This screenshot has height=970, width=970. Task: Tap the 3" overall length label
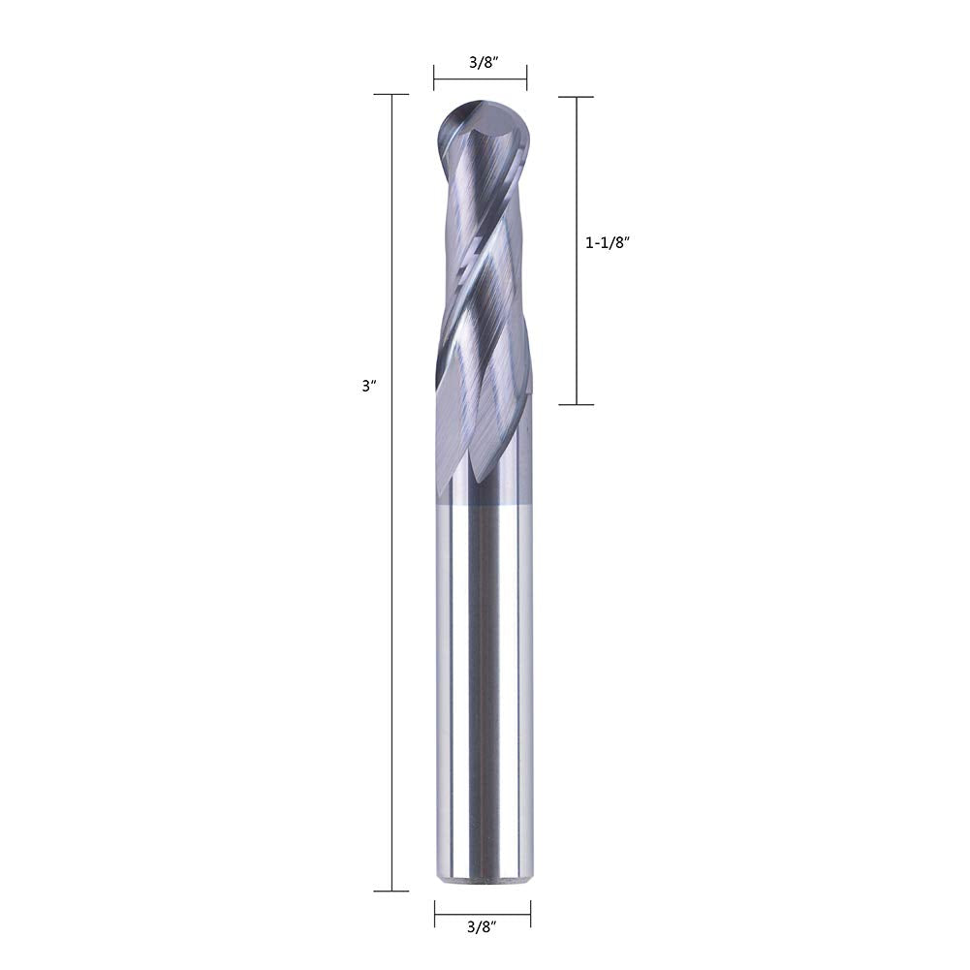(369, 386)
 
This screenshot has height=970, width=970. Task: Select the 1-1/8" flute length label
(607, 243)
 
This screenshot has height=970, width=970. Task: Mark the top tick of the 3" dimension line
(391, 95)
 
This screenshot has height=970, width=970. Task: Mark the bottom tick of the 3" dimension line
(391, 891)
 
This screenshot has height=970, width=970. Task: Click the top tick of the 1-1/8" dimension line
(577, 97)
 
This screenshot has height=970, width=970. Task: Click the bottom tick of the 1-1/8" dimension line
(577, 405)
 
